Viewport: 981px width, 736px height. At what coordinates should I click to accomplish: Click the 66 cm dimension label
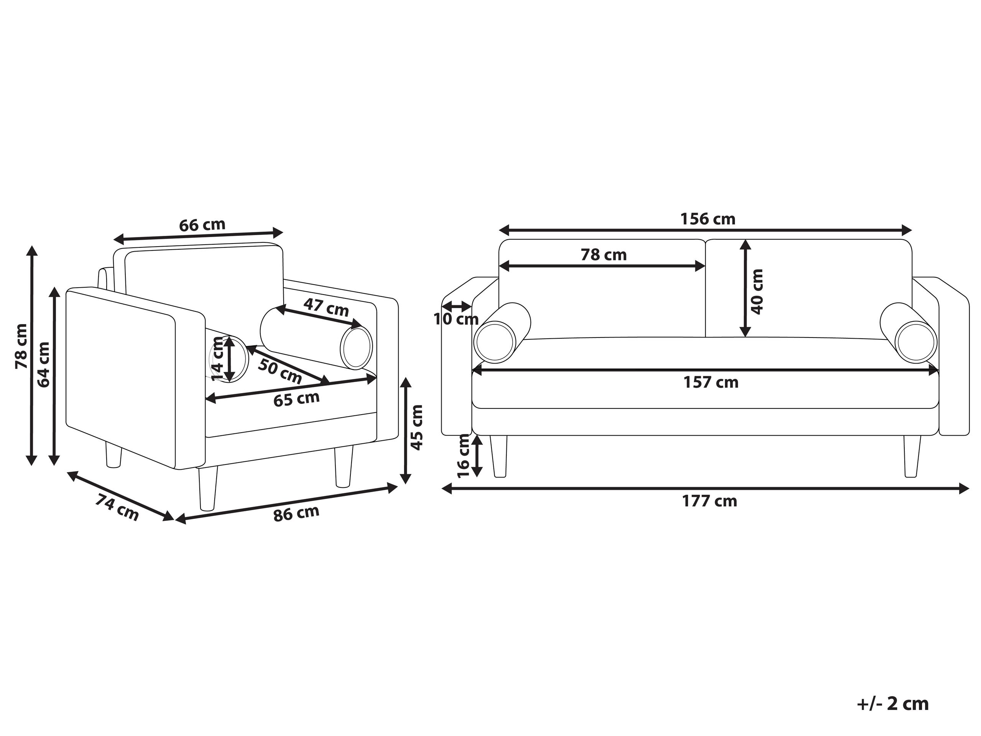pos(202,225)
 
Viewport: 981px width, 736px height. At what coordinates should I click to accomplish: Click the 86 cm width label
pos(296,514)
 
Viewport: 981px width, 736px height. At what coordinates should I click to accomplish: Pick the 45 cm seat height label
pos(417,427)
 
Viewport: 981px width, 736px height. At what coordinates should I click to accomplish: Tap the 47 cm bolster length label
pos(326,307)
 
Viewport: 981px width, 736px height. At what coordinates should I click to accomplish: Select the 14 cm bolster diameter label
pos(217,359)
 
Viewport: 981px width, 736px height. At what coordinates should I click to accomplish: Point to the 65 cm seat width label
pos(296,399)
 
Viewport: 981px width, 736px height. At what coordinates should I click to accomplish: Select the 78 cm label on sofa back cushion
pos(604,255)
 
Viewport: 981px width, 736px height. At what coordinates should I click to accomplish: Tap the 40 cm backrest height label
pos(757,291)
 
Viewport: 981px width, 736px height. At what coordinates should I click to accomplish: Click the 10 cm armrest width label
pos(456,319)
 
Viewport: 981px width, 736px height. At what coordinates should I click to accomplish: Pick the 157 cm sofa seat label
pos(711,382)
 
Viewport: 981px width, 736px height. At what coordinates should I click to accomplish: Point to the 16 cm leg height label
pos(463,455)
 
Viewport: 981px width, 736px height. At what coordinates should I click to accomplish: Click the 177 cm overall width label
pos(709,501)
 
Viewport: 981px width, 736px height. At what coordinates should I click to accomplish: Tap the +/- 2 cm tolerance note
pos(893,704)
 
